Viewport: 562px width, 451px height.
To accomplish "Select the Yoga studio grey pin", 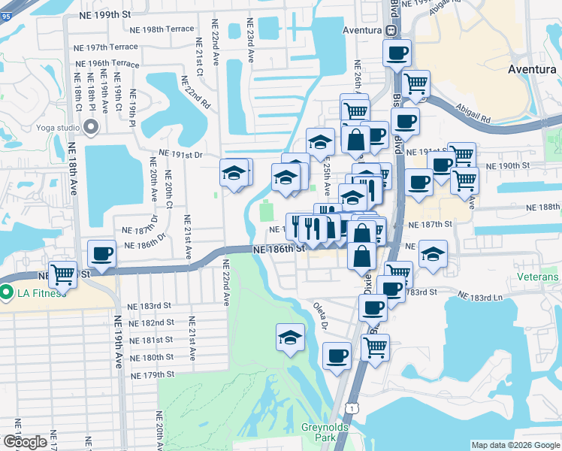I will point(92,127).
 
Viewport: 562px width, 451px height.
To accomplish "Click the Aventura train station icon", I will point(391,30).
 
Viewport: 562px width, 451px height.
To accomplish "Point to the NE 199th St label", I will point(110,14).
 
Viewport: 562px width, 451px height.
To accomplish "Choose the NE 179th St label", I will point(152,374).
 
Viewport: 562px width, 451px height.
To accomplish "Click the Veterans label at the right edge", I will point(537,277).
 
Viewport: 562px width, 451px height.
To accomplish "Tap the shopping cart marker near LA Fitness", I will point(62,274).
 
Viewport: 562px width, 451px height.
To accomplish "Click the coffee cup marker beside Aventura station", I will point(397,53).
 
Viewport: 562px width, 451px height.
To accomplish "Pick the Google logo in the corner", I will point(25,441).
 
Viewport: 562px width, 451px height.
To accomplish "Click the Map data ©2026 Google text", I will point(515,445).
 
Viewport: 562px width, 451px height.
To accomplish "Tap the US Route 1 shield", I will point(351,407).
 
